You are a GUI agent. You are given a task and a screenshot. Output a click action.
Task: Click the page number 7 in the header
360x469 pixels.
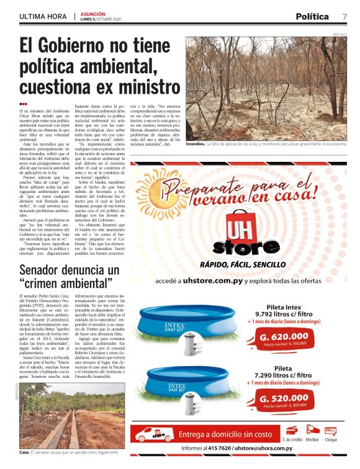(344, 16)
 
